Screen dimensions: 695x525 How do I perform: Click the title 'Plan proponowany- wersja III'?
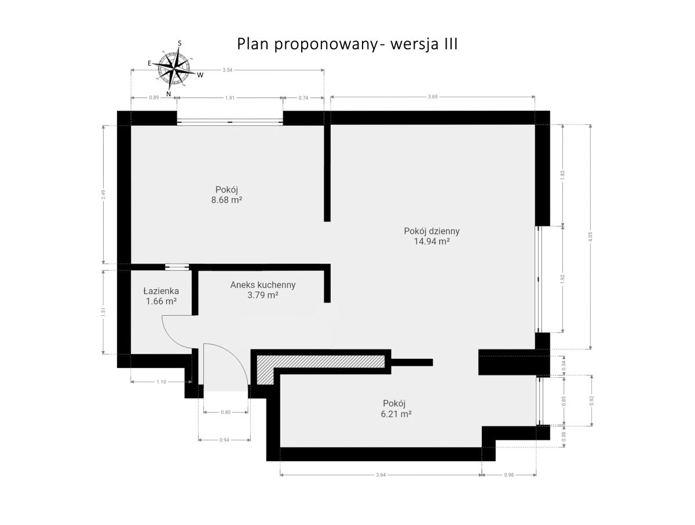coord(347,44)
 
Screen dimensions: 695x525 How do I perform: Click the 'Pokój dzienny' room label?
coord(431,231)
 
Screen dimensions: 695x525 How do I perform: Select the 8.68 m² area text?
coord(226,200)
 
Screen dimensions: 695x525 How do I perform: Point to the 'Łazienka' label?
coord(161,291)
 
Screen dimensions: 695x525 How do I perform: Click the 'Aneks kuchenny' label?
coord(263,285)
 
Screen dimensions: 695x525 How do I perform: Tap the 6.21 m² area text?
coord(396,414)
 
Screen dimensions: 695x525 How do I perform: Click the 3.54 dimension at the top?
coord(228,70)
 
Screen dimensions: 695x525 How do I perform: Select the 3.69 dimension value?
coord(433,97)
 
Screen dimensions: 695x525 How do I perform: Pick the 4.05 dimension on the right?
coord(590,237)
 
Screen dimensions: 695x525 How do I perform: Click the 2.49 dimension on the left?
coord(103,195)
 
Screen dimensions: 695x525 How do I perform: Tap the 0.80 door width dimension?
coord(226,412)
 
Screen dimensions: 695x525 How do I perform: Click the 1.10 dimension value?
coord(161,382)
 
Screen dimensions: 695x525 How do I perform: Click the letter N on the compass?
coord(169,94)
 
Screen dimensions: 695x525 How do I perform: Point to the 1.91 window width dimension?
coord(230,98)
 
